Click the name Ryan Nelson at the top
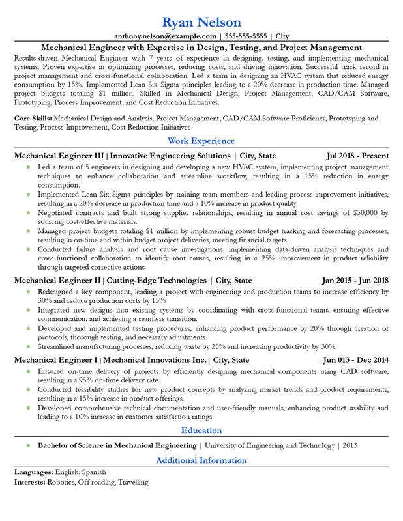point(201,23)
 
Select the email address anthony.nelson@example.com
point(165,36)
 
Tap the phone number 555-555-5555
point(245,36)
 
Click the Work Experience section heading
point(201,141)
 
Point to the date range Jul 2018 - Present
point(357,156)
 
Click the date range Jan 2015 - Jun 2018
point(355,280)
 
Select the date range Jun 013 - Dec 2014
point(355,359)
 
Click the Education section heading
point(201,430)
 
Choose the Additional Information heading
point(201,460)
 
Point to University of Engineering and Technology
point(270,445)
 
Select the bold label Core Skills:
point(33,119)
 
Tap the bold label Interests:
point(29,483)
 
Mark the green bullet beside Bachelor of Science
point(28,445)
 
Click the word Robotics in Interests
point(63,483)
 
